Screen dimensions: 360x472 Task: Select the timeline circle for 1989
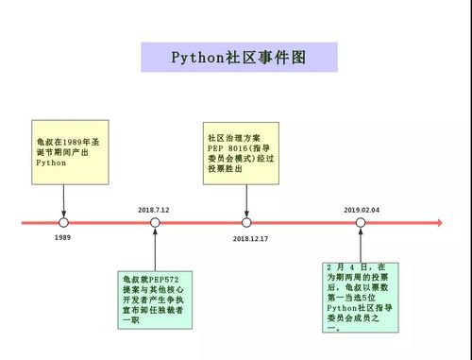[63, 223]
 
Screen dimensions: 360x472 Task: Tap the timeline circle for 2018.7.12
[155, 223]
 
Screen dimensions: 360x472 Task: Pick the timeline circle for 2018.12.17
[246, 223]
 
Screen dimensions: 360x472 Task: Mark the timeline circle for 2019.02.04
[361, 223]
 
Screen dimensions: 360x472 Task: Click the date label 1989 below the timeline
[62, 238]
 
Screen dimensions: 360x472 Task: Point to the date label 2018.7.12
[153, 209]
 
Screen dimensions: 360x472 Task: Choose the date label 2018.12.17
[250, 239]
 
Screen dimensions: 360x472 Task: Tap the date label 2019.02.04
[362, 209]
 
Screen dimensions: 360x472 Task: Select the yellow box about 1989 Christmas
[63, 151]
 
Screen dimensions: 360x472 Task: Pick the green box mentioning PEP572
[157, 300]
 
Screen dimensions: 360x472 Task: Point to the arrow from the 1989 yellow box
[63, 200]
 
